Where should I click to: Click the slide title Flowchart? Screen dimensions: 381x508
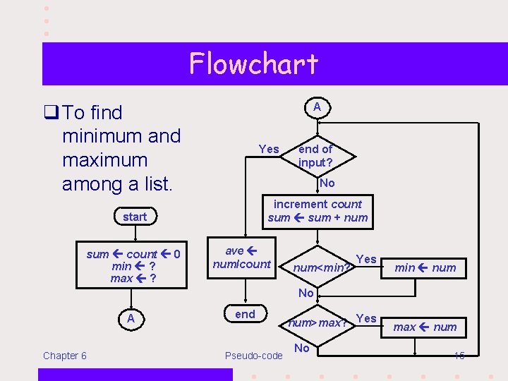tap(253, 64)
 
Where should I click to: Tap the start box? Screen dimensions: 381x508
tap(135, 217)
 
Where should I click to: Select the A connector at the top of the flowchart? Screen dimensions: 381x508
tap(317, 107)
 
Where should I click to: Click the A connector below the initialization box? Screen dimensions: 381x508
tap(131, 318)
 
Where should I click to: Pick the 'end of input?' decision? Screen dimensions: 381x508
tap(316, 155)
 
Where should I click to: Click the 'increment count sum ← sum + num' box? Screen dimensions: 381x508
tap(317, 211)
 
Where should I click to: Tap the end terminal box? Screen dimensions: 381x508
tap(245, 315)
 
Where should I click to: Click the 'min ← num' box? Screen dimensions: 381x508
tap(425, 267)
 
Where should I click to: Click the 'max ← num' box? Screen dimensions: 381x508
tap(425, 327)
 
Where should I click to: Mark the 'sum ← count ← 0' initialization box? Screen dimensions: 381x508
tap(133, 266)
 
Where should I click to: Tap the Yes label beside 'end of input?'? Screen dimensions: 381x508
tap(269, 149)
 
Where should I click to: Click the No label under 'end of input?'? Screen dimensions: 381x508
tap(327, 183)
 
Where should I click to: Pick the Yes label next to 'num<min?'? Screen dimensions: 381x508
tap(366, 259)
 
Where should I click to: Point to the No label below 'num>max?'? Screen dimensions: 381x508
tap(301, 348)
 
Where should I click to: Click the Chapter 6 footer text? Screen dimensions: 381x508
tap(65, 356)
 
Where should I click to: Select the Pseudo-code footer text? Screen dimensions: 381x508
tap(253, 356)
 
